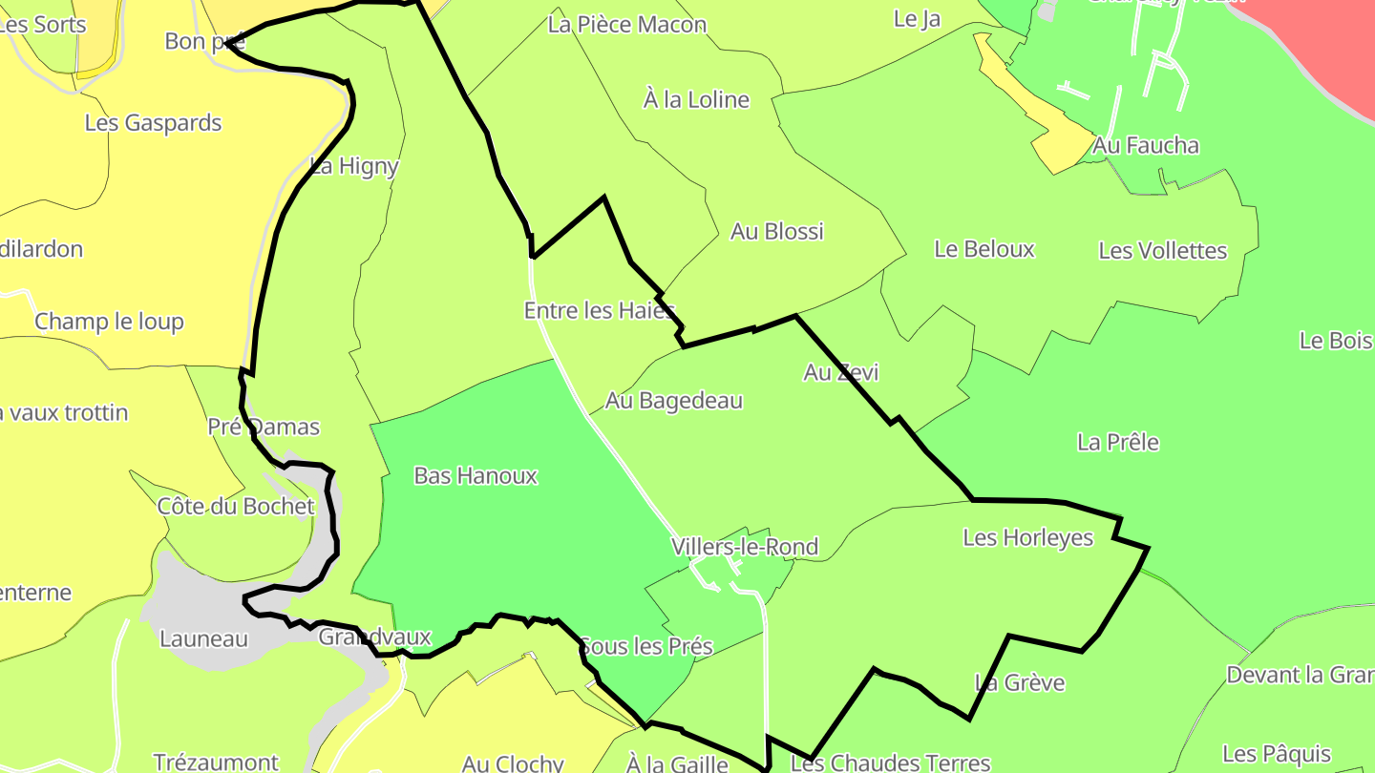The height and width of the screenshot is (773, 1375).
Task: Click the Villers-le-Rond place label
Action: tap(745, 547)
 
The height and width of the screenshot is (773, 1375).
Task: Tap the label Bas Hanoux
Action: tap(476, 475)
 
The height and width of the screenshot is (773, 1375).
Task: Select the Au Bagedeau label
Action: tap(674, 401)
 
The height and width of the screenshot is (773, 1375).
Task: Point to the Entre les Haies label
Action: tap(600, 310)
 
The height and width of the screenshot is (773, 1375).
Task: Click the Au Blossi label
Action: tap(776, 231)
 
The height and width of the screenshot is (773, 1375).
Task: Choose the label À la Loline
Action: tap(696, 100)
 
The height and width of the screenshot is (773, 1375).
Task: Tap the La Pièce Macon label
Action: tap(627, 25)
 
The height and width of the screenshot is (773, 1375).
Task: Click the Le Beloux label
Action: tap(984, 249)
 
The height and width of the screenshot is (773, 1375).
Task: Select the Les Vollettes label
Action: tap(1162, 250)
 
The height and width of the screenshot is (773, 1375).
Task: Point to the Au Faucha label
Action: tap(1146, 145)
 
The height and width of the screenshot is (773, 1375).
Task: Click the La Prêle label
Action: tap(1118, 442)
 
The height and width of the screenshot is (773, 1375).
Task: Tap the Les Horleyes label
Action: tap(1027, 537)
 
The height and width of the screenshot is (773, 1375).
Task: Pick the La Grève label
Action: tap(1019, 682)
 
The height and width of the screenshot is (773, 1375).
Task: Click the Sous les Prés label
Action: tap(646, 646)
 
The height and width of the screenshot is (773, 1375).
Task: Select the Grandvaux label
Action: tap(374, 637)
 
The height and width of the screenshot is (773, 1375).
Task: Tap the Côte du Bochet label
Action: tap(236, 506)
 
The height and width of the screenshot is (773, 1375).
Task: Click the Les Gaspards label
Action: tap(153, 123)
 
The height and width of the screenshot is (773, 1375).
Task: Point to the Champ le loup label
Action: tap(109, 322)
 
